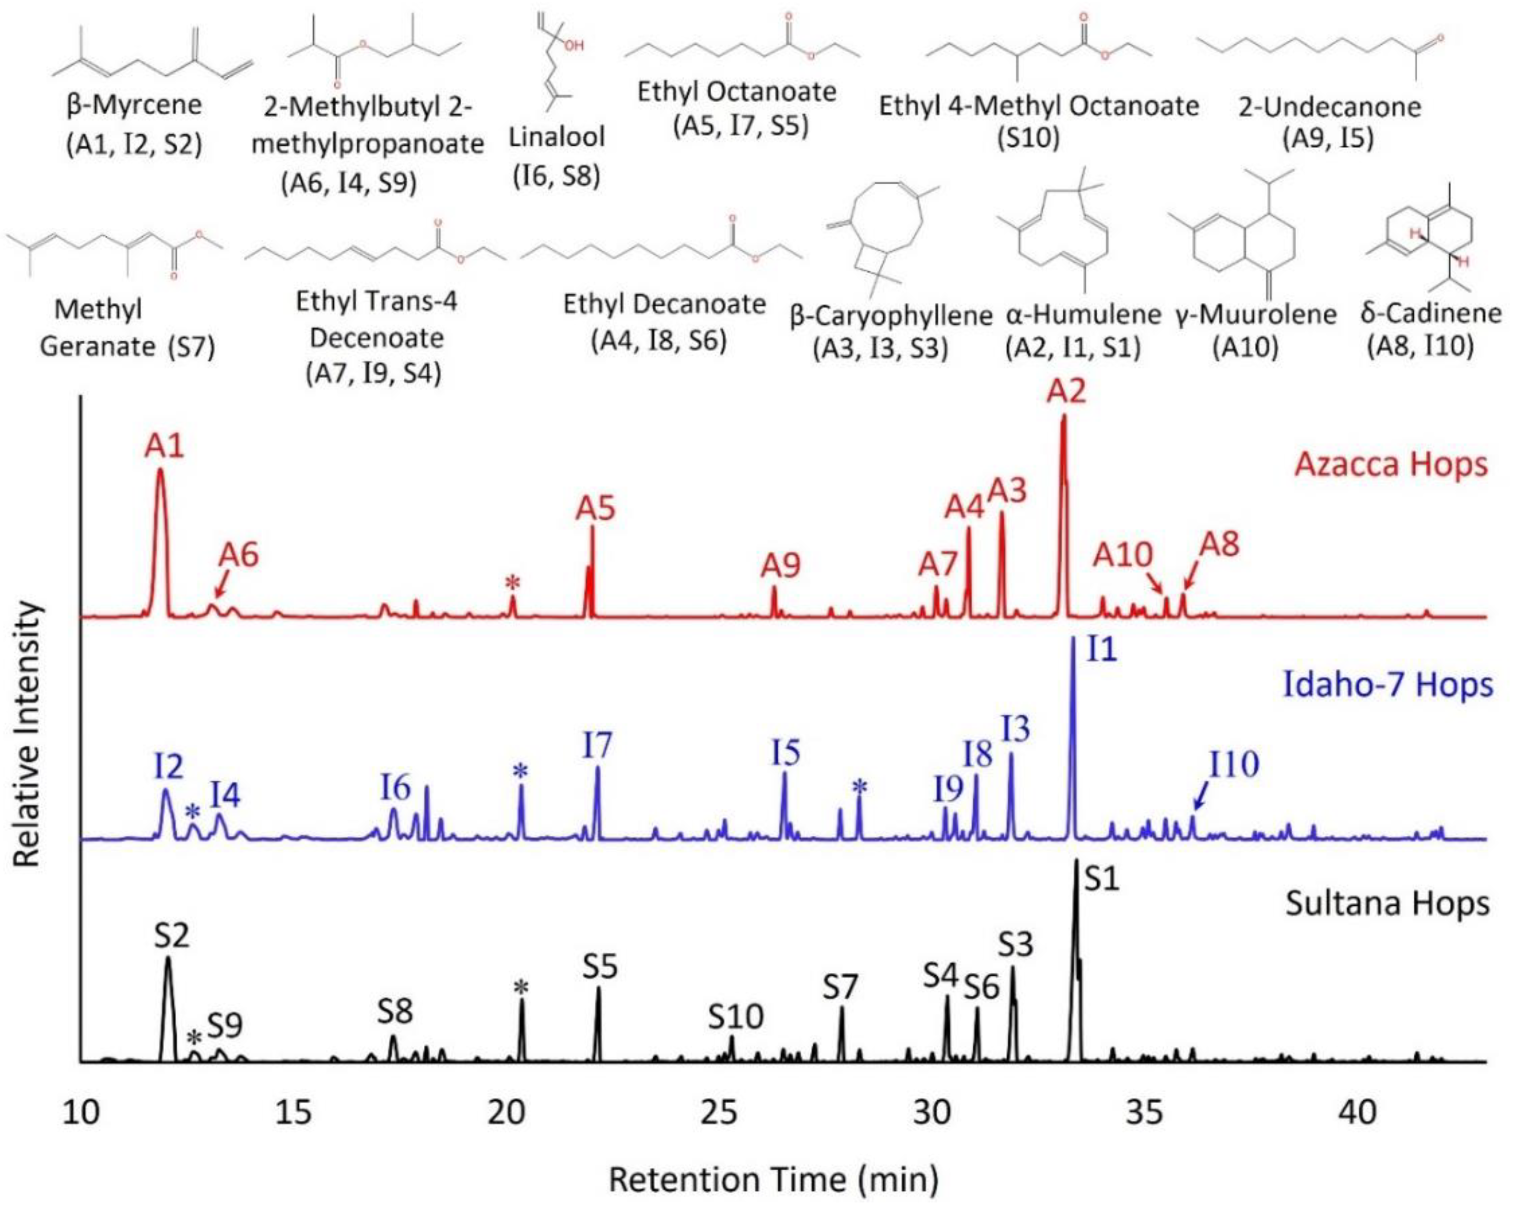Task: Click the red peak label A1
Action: [164, 445]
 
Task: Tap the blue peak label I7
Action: [597, 746]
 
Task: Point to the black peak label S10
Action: [735, 1016]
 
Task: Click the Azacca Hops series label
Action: [1390, 465]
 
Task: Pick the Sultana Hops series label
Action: [1387, 904]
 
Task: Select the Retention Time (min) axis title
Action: [773, 1180]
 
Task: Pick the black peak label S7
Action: [841, 988]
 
